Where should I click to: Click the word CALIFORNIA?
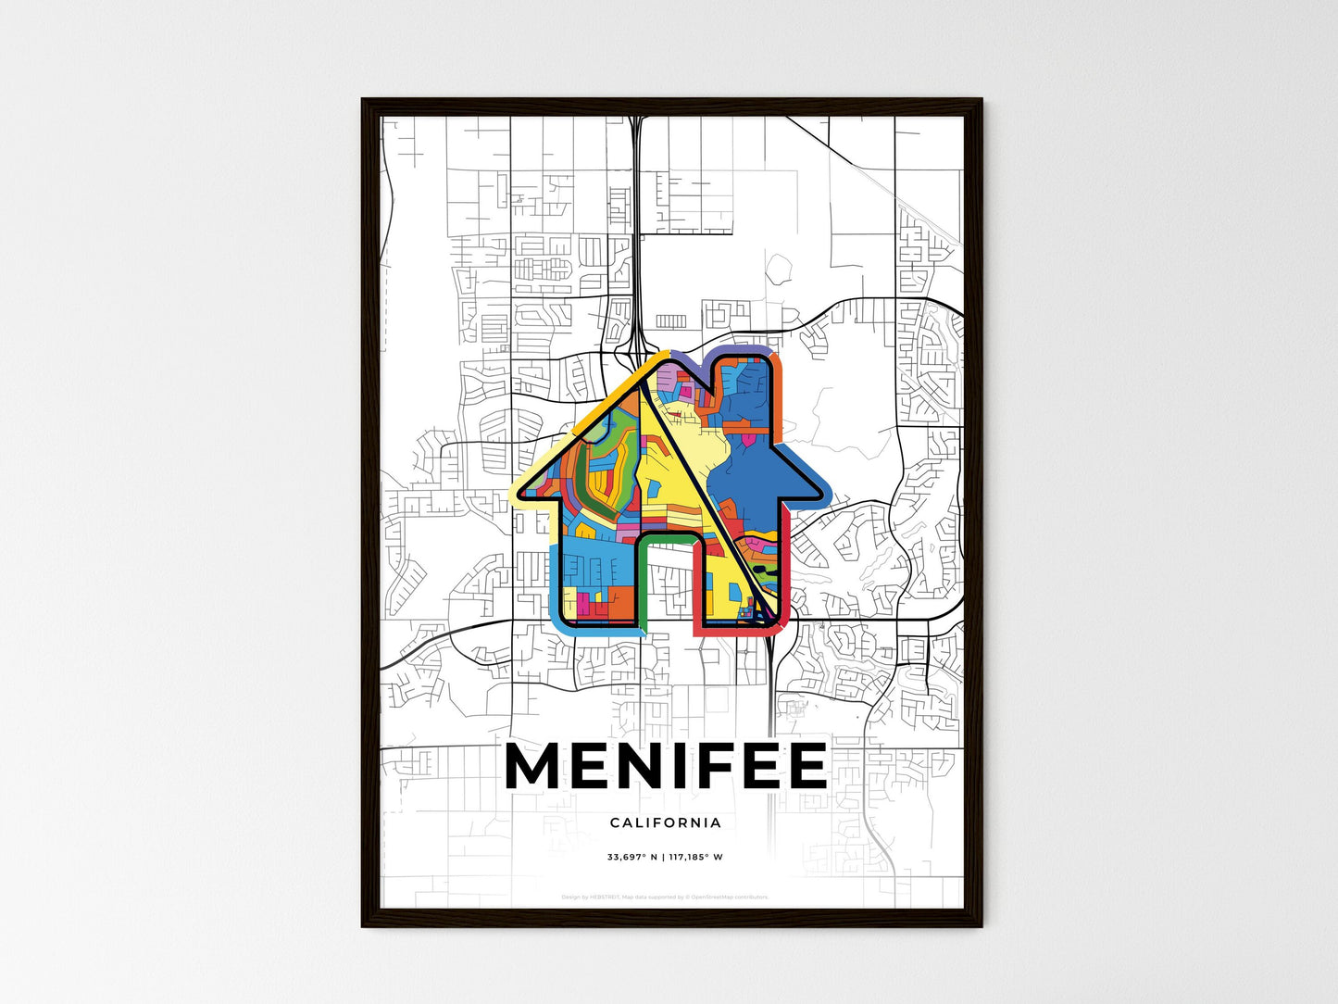(666, 822)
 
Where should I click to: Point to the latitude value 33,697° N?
(631, 857)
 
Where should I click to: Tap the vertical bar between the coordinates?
(663, 857)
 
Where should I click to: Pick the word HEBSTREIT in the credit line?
(603, 897)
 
